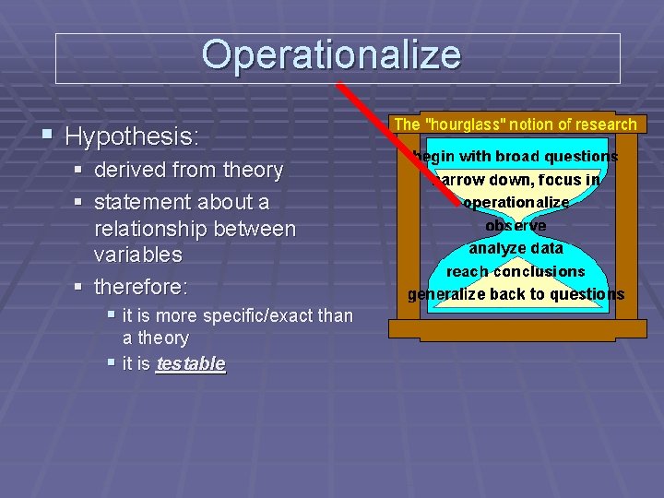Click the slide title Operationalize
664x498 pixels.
(331, 55)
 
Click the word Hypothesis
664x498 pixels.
(132, 137)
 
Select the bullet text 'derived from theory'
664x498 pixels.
(188, 170)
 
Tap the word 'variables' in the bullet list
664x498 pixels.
(138, 254)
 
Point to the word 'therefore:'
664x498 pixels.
(141, 287)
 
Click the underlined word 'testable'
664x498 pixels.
(191, 363)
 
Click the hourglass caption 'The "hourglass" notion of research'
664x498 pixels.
(515, 124)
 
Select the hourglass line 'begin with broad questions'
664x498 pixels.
(516, 157)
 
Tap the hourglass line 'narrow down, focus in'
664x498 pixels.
(516, 180)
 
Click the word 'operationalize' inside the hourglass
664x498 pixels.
(516, 202)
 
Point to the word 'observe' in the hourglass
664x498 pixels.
(516, 225)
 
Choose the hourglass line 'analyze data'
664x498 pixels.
(516, 248)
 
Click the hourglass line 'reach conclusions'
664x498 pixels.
(516, 271)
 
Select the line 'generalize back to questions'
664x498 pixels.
(516, 294)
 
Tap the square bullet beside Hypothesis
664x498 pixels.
(47, 136)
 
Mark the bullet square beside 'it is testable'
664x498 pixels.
(111, 362)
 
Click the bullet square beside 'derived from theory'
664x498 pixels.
(80, 170)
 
